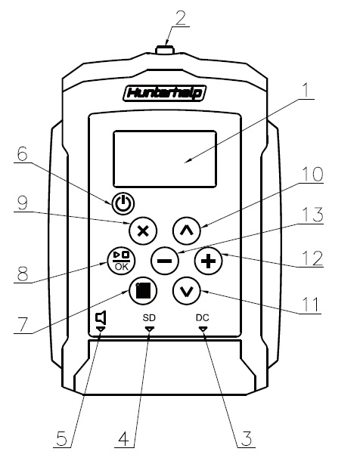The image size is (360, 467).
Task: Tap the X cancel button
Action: click(143, 230)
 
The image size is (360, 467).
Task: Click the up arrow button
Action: click(187, 230)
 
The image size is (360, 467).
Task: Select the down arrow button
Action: click(187, 291)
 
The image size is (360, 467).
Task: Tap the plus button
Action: click(209, 261)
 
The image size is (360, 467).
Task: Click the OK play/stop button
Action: click(121, 261)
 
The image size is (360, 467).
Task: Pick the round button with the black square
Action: click(143, 291)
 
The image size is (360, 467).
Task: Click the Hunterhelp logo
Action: click(165, 93)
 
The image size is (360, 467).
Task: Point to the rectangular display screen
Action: click(165, 159)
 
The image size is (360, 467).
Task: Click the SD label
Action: click(149, 318)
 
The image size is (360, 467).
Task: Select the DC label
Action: click(203, 318)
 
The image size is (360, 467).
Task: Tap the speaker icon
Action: click(101, 318)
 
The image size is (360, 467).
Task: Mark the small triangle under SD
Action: click(149, 329)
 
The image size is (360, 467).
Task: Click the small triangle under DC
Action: click(203, 329)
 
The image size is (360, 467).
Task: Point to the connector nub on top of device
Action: click(165, 49)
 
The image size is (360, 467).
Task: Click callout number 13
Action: click(312, 215)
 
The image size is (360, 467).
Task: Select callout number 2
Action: click(181, 18)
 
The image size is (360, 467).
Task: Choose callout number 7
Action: click(23, 324)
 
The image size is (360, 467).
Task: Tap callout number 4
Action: click(124, 438)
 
